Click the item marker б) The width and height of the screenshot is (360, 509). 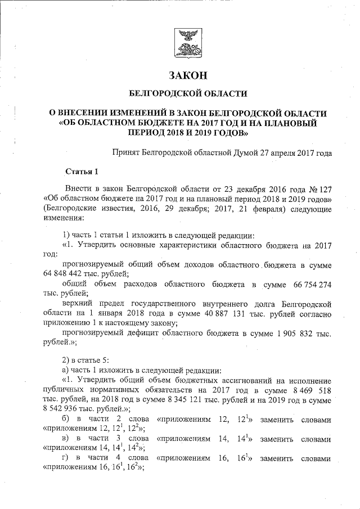[67, 419]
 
